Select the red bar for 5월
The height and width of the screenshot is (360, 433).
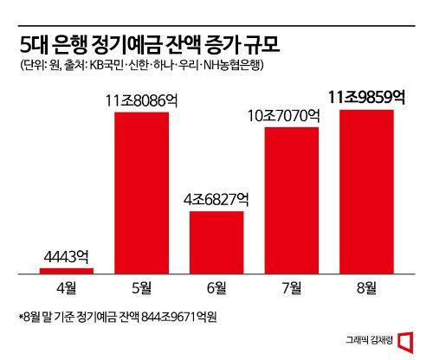click(142, 192)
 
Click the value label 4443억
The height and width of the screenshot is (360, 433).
click(67, 257)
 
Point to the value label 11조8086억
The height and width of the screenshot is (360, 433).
click(142, 100)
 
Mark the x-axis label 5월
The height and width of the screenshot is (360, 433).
click(142, 286)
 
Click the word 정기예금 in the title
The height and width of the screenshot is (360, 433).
click(142, 42)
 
